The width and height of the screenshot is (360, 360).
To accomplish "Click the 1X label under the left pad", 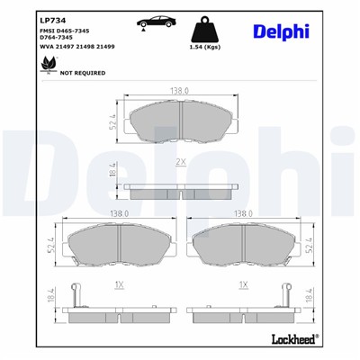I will click(x=119, y=283).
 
